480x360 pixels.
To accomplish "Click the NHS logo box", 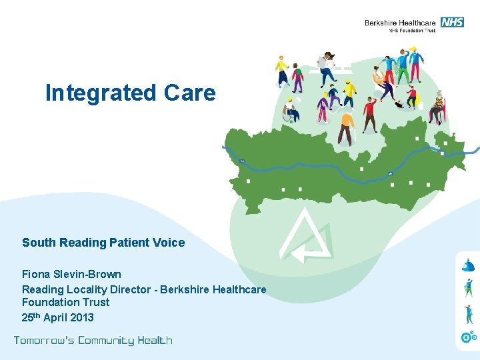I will click(453, 22).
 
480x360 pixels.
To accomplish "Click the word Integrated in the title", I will click(91, 93).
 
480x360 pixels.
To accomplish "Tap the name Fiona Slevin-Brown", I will click(71, 274).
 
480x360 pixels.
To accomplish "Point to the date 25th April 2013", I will click(58, 317).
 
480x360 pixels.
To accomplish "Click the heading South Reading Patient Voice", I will click(103, 243).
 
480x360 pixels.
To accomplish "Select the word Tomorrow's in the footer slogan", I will click(44, 341).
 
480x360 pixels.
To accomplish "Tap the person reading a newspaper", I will click(326, 67).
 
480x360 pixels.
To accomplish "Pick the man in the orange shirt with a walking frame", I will click(345, 127).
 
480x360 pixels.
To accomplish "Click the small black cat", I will click(398, 103).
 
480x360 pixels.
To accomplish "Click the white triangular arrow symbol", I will click(306, 237).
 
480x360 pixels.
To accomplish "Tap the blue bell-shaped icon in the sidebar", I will click(468, 265).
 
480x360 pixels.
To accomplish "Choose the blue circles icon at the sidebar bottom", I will click(469, 337).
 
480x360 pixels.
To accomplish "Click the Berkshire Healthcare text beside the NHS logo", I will click(400, 23).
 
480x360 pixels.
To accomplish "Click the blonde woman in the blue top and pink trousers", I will click(415, 63).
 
